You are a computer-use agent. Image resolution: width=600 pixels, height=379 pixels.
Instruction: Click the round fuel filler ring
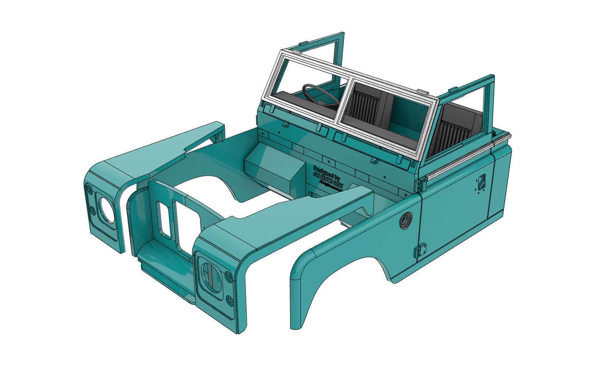coord(407,221)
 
